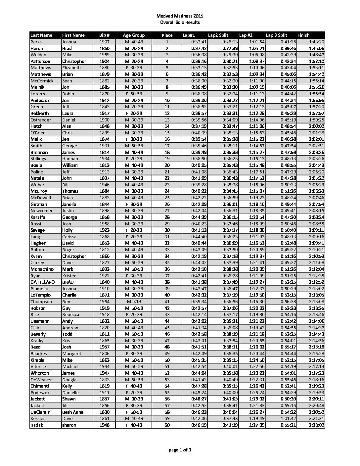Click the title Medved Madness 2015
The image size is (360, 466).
[x=180, y=16]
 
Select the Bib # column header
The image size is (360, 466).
[x=104, y=35]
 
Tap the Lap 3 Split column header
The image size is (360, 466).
[x=277, y=35]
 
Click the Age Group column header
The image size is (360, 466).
[x=134, y=35]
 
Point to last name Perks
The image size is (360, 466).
[x=36, y=42]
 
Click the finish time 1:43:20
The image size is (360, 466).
[x=316, y=42]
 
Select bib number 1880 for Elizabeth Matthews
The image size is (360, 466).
[x=104, y=68]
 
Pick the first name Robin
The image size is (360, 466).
[x=68, y=94]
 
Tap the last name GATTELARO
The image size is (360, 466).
[x=43, y=282]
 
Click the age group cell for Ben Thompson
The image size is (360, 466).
[x=134, y=302]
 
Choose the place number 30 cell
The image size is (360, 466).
[x=167, y=230]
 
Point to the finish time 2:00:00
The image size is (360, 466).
[x=316, y=126]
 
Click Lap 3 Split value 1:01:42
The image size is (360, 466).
[x=288, y=418]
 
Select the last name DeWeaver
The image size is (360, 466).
[x=41, y=380]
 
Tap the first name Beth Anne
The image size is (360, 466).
[x=73, y=412]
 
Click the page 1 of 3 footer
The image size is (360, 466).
[x=180, y=450]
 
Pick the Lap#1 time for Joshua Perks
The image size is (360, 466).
[x=199, y=42]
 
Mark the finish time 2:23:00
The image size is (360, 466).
[x=316, y=425]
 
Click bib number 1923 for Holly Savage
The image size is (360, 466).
[x=104, y=230]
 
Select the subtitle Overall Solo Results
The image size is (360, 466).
[x=180, y=22]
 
